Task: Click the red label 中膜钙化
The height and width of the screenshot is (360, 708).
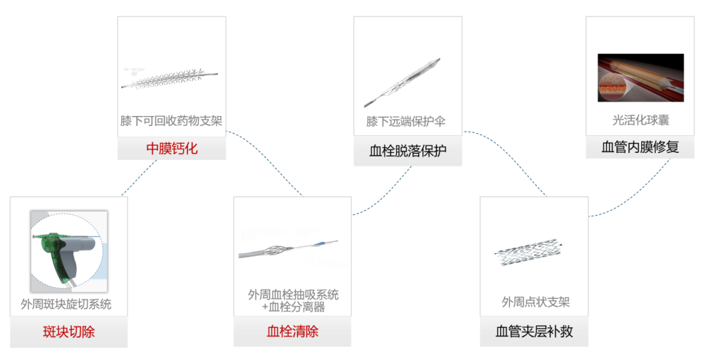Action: [x=172, y=148]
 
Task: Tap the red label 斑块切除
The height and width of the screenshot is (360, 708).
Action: [x=69, y=332]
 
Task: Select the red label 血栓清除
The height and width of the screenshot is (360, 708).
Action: [x=292, y=331]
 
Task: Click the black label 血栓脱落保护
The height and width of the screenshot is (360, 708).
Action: [x=408, y=150]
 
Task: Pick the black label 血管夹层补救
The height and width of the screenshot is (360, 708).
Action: [x=534, y=331]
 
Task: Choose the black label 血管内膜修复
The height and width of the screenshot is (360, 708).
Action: [x=640, y=147]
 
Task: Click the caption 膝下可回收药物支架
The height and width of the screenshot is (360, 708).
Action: [x=171, y=121]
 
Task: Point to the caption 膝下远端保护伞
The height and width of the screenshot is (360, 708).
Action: [x=406, y=121]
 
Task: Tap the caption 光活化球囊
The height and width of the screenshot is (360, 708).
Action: [x=640, y=120]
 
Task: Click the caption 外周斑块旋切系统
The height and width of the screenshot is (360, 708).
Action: [x=66, y=304]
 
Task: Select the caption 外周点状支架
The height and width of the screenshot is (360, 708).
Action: [x=536, y=302]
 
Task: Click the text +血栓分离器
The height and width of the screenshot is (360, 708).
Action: [x=293, y=307]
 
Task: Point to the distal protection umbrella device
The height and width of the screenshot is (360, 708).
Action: [x=402, y=83]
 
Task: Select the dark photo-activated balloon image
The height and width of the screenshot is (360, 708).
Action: [x=640, y=77]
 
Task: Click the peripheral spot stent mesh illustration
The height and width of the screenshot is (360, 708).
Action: [x=528, y=252]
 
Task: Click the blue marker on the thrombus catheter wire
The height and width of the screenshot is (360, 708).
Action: [x=319, y=245]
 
